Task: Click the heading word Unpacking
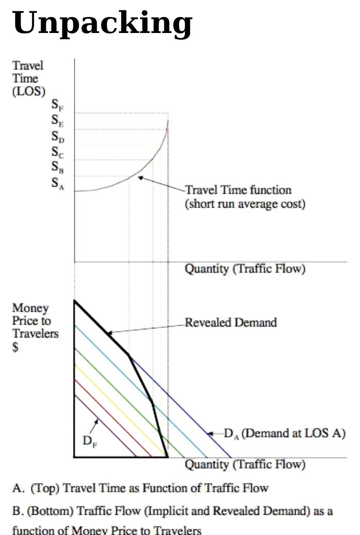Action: tap(102, 24)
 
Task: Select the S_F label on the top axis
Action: tap(57, 106)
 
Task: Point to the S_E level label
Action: tap(57, 121)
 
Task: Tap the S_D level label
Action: tap(58, 137)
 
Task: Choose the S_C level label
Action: tap(58, 152)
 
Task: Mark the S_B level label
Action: tap(58, 167)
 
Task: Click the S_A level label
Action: tap(58, 182)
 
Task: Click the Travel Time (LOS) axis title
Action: tap(28, 79)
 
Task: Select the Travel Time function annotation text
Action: tap(245, 197)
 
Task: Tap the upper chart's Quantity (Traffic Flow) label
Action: tap(245, 269)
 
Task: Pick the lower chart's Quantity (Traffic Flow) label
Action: tap(245, 464)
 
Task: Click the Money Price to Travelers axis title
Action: tap(35, 321)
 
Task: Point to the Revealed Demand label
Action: tap(231, 323)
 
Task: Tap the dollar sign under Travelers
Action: tap(15, 347)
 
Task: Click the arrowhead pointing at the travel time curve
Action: tap(140, 178)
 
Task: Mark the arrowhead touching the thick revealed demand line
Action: tap(109, 333)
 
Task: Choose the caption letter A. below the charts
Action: tap(18, 488)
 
